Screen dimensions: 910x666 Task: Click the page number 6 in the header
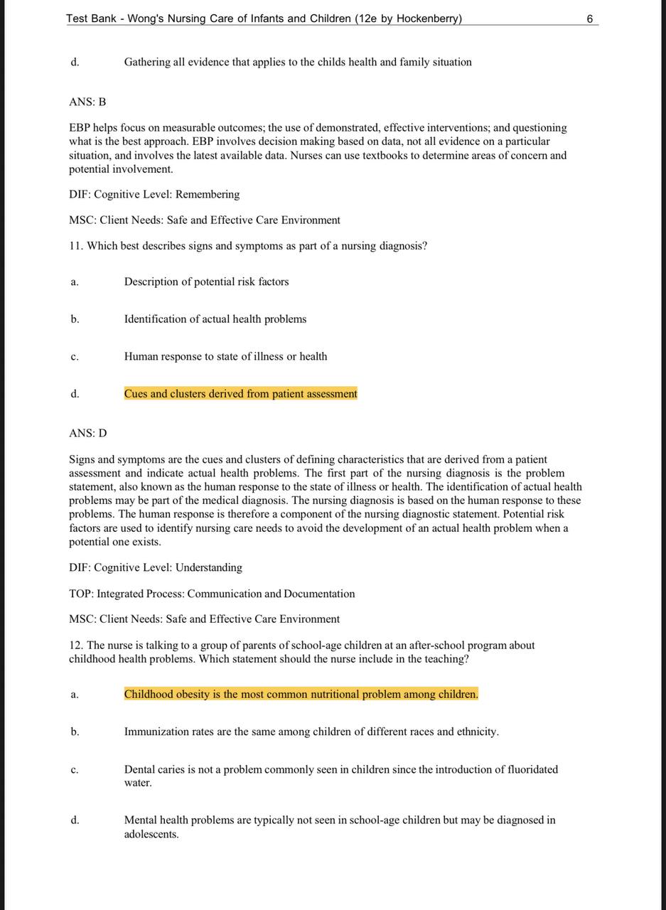(x=590, y=18)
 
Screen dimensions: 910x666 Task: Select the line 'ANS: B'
(x=87, y=102)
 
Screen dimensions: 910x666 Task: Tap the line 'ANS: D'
(x=88, y=433)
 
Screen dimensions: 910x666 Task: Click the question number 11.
(x=76, y=246)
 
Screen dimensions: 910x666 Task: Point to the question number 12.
(x=76, y=646)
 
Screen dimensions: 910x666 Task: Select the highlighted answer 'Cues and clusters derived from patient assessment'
(x=240, y=394)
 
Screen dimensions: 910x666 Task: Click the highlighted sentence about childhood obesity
(x=301, y=694)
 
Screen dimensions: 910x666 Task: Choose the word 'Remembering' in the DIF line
(x=208, y=194)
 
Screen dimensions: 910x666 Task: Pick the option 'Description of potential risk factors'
(x=206, y=282)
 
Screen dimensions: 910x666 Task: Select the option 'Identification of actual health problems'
(x=215, y=319)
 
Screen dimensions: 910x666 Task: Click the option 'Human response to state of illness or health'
(x=225, y=356)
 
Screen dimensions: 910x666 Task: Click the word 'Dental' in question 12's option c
(x=139, y=769)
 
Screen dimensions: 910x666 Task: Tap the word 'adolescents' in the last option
(x=150, y=834)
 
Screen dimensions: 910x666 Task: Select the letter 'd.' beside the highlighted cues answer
(x=75, y=394)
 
